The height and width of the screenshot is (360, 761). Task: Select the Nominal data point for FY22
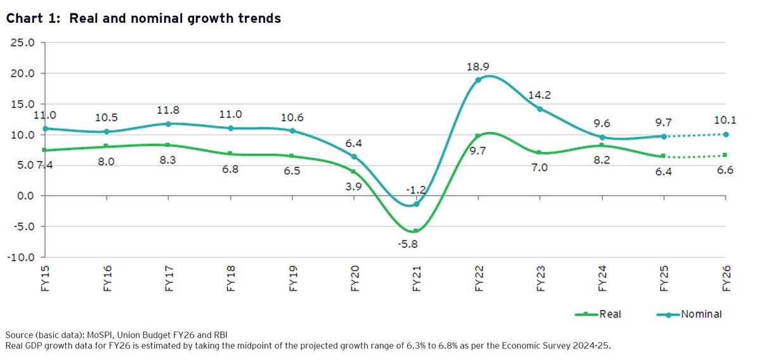478,80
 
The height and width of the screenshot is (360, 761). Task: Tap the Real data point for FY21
416,231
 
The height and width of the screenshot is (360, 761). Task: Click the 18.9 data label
478,65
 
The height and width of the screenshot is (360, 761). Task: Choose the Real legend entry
608,314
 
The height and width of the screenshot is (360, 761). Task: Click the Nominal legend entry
701,314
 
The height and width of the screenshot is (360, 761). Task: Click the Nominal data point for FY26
725,134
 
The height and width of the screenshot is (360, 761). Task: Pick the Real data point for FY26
725,155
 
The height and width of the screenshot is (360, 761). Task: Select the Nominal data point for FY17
168,124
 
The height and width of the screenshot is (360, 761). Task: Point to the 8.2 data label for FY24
602,160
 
